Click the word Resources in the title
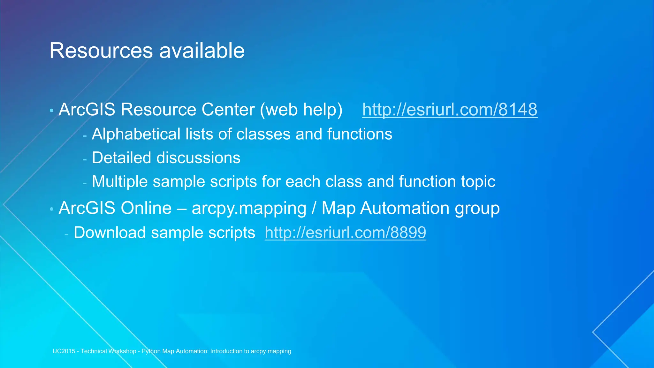coord(101,51)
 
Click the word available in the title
coord(202,51)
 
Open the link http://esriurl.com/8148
coord(450,110)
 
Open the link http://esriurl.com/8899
coord(345,232)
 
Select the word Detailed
coord(121,158)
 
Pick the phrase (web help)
coord(301,110)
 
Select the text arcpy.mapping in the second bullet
coord(249,209)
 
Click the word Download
coord(110,233)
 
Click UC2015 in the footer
coord(64,351)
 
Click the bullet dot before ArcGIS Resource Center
coord(51,111)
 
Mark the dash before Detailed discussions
coord(85,159)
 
